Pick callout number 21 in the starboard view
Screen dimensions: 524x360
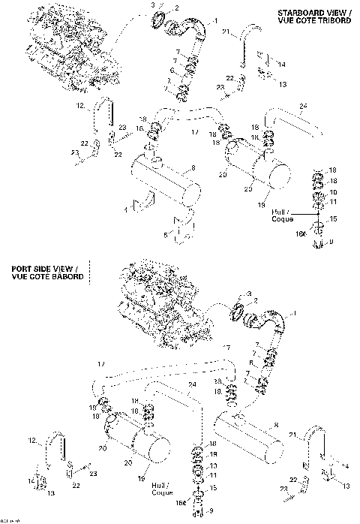pos(226,32)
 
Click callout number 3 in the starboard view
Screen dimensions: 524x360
pos(153,5)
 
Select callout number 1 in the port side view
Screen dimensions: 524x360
pos(293,312)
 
